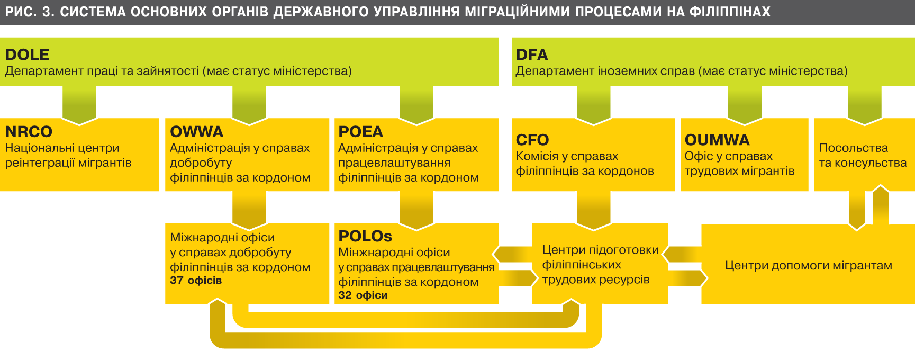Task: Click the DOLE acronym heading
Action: point(27,55)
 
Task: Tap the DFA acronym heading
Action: point(531,55)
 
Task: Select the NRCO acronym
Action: point(29,131)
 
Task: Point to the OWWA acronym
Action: point(196,131)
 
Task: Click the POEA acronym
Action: point(360,131)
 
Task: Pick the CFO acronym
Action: point(532,140)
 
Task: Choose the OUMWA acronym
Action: point(717,140)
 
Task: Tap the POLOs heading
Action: point(365,236)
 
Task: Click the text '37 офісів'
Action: point(196,281)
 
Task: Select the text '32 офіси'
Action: point(363,295)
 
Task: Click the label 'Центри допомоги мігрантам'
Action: point(808,265)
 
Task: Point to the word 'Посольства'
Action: point(853,148)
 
